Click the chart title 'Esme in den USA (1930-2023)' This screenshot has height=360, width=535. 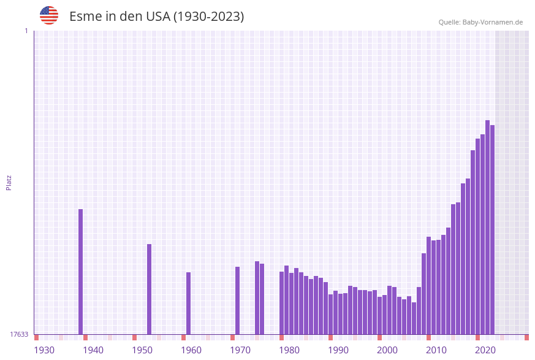click(x=156, y=17)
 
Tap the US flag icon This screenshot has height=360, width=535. click(x=49, y=15)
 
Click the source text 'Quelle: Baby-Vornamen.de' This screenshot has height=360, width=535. click(x=480, y=22)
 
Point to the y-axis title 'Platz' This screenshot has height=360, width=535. click(x=9, y=182)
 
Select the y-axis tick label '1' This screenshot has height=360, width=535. click(x=26, y=31)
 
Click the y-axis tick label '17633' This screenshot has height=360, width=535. click(x=19, y=334)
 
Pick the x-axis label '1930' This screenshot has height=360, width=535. click(x=44, y=350)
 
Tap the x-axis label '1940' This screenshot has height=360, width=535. click(x=93, y=350)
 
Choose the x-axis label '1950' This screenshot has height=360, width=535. click(x=142, y=350)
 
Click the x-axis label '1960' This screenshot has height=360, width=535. click(x=191, y=350)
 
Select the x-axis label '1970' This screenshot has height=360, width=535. click(x=240, y=350)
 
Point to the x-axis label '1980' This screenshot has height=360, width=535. click(x=289, y=350)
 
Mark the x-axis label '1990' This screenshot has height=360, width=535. click(x=338, y=350)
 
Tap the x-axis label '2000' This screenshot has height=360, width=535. click(x=387, y=350)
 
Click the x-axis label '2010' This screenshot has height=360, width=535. click(x=436, y=350)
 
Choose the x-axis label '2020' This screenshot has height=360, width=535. click(x=485, y=350)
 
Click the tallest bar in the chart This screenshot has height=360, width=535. click(x=487, y=227)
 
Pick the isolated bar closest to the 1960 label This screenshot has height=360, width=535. click(x=188, y=303)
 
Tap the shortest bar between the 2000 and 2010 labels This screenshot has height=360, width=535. click(x=414, y=318)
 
